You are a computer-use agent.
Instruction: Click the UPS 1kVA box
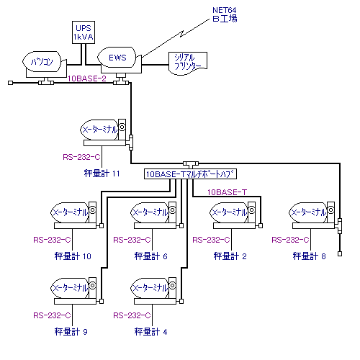click(84, 32)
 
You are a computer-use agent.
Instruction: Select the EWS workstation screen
click(117, 58)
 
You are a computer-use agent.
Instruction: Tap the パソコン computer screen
click(42, 61)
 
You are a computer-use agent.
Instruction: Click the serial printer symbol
click(188, 63)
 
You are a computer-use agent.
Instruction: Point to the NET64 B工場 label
click(225, 14)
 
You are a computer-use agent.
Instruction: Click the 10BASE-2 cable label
click(87, 78)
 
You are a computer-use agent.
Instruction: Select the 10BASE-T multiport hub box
click(190, 174)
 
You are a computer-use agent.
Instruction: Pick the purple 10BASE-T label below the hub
click(227, 192)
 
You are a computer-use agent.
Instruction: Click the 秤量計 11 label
click(102, 174)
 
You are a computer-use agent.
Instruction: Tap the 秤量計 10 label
click(73, 256)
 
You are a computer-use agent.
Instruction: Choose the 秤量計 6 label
click(150, 256)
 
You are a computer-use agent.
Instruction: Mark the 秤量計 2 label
click(230, 256)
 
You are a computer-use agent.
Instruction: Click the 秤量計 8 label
click(309, 256)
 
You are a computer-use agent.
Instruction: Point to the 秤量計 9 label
click(71, 332)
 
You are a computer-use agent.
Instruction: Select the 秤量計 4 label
click(150, 332)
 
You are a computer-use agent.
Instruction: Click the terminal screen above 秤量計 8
click(308, 212)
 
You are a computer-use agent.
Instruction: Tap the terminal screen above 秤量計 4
click(150, 288)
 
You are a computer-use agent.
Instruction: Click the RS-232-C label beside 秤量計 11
click(81, 157)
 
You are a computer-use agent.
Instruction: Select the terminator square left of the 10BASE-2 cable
click(10, 83)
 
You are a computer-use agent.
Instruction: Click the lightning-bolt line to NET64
click(176, 38)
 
